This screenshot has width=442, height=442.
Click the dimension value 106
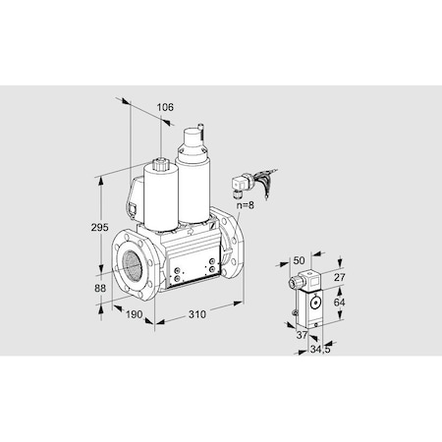165,107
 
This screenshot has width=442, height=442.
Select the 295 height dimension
99,227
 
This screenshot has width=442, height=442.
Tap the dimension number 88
100,288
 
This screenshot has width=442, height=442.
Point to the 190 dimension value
135,314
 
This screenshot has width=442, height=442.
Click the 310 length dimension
197,314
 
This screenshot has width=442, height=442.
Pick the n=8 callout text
246,205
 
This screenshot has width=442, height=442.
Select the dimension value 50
299,260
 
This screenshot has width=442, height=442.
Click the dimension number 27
339,277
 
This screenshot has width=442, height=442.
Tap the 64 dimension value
339,303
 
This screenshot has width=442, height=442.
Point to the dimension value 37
302,335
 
